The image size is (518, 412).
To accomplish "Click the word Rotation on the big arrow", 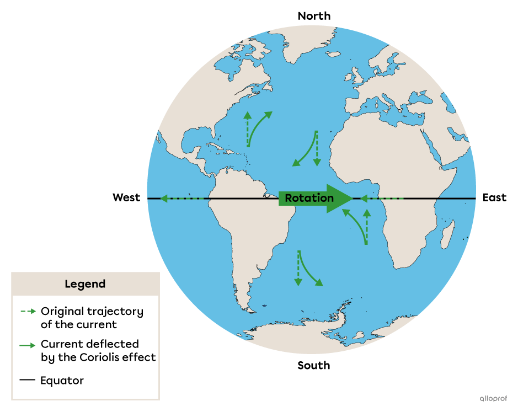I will pyautogui.click(x=309, y=199).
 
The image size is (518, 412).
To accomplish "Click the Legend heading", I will pyautogui.click(x=85, y=285).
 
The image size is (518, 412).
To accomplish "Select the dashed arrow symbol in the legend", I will pyautogui.click(x=28, y=312).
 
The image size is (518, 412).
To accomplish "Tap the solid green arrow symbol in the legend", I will pyautogui.click(x=28, y=345).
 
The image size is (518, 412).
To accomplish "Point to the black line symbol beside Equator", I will pyautogui.click(x=28, y=380).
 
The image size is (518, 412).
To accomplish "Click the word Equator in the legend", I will pyautogui.click(x=62, y=381).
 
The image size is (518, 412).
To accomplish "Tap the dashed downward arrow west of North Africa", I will pyautogui.click(x=317, y=148).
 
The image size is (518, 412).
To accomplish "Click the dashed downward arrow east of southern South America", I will pyautogui.click(x=298, y=268).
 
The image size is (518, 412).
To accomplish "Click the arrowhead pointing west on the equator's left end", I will pyautogui.click(x=164, y=198).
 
